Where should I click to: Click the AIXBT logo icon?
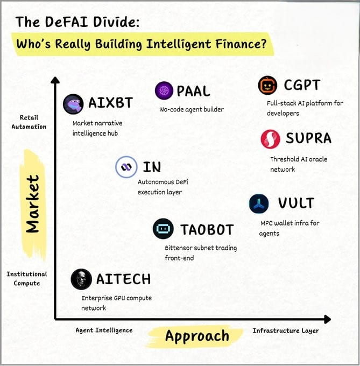click(x=73, y=104)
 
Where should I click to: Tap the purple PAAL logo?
click(x=164, y=91)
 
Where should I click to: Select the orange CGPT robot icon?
click(x=267, y=86)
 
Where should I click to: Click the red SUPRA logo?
click(x=270, y=139)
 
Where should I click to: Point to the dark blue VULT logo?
click(x=259, y=204)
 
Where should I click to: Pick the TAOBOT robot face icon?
click(x=163, y=229)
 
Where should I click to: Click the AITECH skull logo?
click(x=81, y=279)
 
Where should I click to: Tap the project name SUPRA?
click(x=308, y=138)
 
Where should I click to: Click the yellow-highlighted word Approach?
click(x=197, y=336)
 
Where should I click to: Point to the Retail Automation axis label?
click(x=29, y=122)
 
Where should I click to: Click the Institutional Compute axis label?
click(x=27, y=278)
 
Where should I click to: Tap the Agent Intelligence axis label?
click(x=104, y=330)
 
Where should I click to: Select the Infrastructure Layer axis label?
click(x=286, y=330)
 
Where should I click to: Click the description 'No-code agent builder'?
click(x=192, y=110)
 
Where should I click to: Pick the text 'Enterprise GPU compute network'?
click(x=116, y=303)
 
